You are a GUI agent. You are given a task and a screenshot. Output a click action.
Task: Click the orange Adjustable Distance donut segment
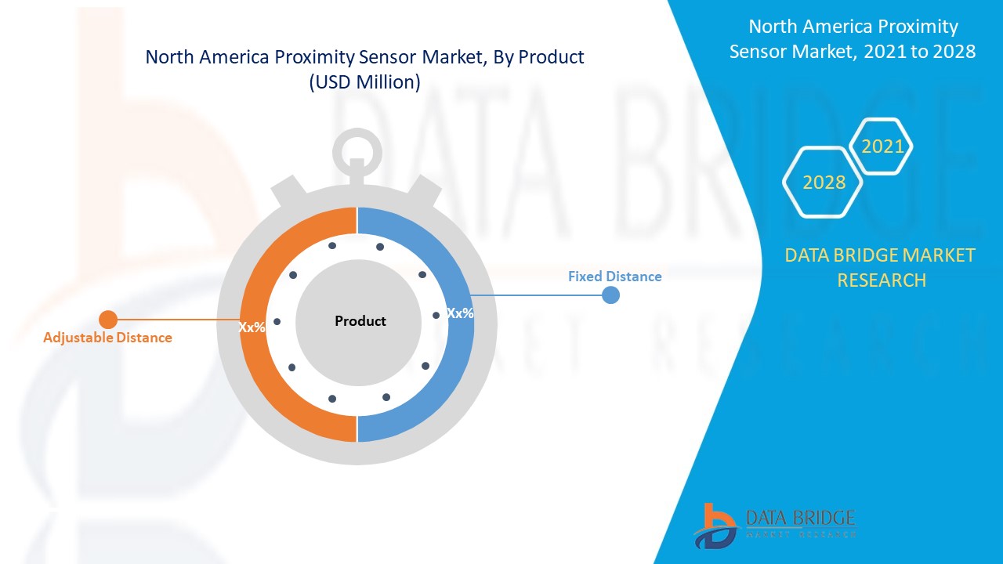259,368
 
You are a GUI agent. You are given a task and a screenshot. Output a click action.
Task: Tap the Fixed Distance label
614,277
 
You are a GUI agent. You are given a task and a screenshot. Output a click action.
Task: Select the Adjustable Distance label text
107,338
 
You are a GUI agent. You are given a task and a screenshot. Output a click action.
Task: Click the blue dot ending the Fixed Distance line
610,295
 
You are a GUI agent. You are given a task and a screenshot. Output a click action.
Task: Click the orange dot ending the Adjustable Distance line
108,320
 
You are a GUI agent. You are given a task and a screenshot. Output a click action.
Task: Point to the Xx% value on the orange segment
252,327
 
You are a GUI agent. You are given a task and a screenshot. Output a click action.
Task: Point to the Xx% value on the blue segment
460,313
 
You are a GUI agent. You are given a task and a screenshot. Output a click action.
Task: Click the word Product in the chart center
360,321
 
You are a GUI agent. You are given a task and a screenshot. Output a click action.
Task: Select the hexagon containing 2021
882,146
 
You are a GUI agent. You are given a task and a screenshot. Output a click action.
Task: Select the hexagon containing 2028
824,183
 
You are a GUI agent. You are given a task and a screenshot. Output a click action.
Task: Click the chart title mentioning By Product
365,57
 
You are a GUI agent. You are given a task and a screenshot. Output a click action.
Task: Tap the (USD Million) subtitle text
365,81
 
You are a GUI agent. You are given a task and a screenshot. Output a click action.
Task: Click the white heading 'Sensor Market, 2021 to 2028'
853,52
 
